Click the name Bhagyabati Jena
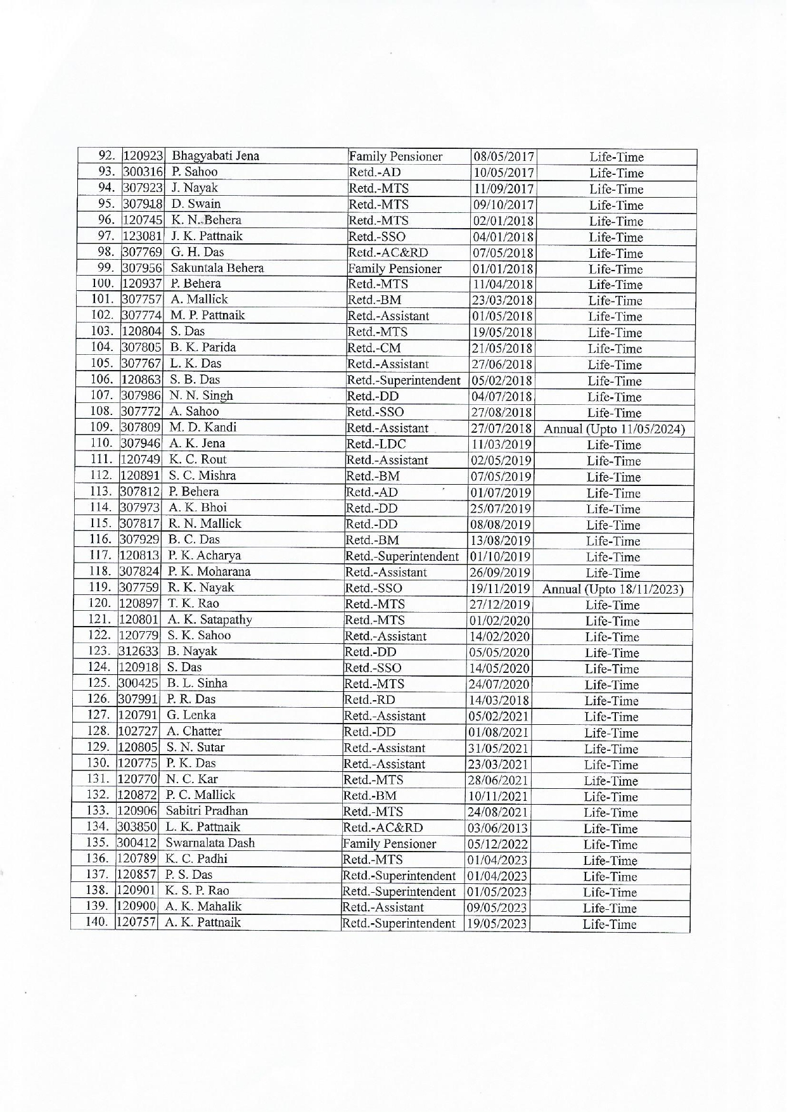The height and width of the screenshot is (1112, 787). pyautogui.click(x=215, y=156)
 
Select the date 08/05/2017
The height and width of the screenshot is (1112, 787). pyautogui.click(x=504, y=157)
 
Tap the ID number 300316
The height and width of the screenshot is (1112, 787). pyautogui.click(x=143, y=172)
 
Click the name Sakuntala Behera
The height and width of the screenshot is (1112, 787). pyautogui.click(x=217, y=268)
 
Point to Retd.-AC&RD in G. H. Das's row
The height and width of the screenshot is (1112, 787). pyautogui.click(x=388, y=253)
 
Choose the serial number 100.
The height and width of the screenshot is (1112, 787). pyautogui.click(x=102, y=283)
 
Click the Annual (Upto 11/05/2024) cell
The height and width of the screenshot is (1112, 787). pyautogui.click(x=614, y=429)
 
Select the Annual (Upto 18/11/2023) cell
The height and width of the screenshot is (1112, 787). pyautogui.click(x=612, y=589)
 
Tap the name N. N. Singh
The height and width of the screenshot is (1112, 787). pyautogui.click(x=201, y=395)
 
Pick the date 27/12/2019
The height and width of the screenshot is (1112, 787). pyautogui.click(x=499, y=604)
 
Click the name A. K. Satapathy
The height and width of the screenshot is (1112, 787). pyautogui.click(x=210, y=620)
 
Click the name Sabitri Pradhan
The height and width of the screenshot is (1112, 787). pyautogui.click(x=207, y=811)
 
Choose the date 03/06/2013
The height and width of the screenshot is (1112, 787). pyautogui.click(x=498, y=828)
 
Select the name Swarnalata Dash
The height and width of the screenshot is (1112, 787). pyautogui.click(x=210, y=843)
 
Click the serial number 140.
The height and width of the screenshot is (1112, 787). pyautogui.click(x=98, y=923)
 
